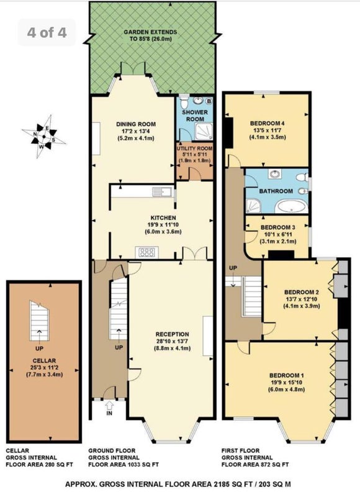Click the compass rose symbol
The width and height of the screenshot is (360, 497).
(43, 137)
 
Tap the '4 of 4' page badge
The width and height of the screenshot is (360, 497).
(47, 32)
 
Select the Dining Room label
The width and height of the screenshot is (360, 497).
(136, 124)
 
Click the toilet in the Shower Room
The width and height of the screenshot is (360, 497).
(184, 102)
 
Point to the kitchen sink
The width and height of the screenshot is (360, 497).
(162, 191)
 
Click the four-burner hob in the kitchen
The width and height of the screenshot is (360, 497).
(147, 252)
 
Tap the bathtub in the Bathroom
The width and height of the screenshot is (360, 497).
(290, 207)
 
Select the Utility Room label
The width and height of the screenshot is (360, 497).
(194, 148)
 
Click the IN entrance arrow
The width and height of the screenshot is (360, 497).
(109, 405)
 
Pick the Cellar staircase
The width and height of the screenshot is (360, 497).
(39, 321)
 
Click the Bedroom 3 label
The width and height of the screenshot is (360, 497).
(278, 227)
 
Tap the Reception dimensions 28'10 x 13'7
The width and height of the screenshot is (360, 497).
(173, 341)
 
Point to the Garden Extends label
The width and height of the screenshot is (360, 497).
(150, 32)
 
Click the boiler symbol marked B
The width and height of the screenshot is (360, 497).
(209, 101)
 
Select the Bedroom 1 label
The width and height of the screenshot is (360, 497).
(287, 375)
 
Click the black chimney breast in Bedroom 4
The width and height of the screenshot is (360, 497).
(228, 132)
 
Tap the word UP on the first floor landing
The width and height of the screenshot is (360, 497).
(233, 268)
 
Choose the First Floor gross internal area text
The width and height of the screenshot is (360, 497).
(255, 458)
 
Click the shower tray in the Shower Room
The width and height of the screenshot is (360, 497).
(204, 131)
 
